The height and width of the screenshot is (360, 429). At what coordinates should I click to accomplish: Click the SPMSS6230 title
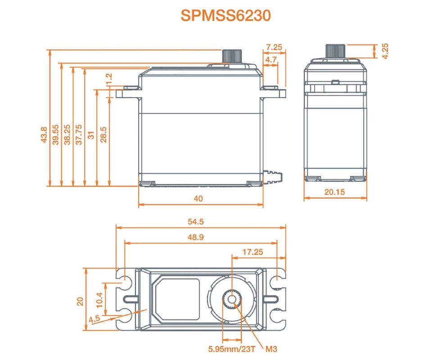226,15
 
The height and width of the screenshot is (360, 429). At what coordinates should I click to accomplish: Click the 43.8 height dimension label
44,135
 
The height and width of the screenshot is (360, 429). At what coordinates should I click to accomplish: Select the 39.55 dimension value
55,135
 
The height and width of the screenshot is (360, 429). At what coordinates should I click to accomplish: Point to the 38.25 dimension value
68,135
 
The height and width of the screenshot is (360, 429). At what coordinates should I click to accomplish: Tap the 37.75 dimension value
79,135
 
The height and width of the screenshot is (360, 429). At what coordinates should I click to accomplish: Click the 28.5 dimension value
104,135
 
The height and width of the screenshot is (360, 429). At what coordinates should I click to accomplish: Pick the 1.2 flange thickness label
109,79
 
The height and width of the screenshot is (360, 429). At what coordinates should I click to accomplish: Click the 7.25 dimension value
274,47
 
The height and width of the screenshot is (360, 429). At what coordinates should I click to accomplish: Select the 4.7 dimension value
271,59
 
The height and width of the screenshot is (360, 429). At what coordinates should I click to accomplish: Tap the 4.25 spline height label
385,51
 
